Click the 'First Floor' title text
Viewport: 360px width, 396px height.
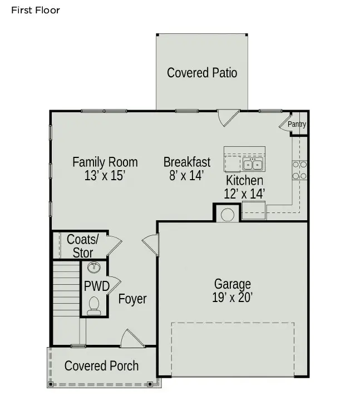(36, 10)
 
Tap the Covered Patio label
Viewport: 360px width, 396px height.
(202, 73)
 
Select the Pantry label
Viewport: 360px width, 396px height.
(297, 125)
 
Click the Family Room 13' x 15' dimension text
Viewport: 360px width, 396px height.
(105, 175)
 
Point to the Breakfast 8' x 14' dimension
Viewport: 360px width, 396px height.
(187, 175)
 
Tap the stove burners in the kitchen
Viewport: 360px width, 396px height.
(299, 170)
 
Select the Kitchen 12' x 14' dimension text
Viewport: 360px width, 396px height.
(244, 193)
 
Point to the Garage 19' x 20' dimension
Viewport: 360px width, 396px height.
(233, 298)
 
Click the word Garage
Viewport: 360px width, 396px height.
(233, 284)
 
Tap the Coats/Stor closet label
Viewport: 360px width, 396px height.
(82, 246)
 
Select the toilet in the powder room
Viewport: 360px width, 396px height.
(94, 305)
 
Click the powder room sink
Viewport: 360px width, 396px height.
(94, 268)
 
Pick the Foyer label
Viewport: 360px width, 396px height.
(132, 299)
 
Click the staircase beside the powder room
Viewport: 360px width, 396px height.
(66, 289)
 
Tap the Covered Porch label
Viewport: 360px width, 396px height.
(101, 365)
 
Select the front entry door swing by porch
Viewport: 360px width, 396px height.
(131, 338)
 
